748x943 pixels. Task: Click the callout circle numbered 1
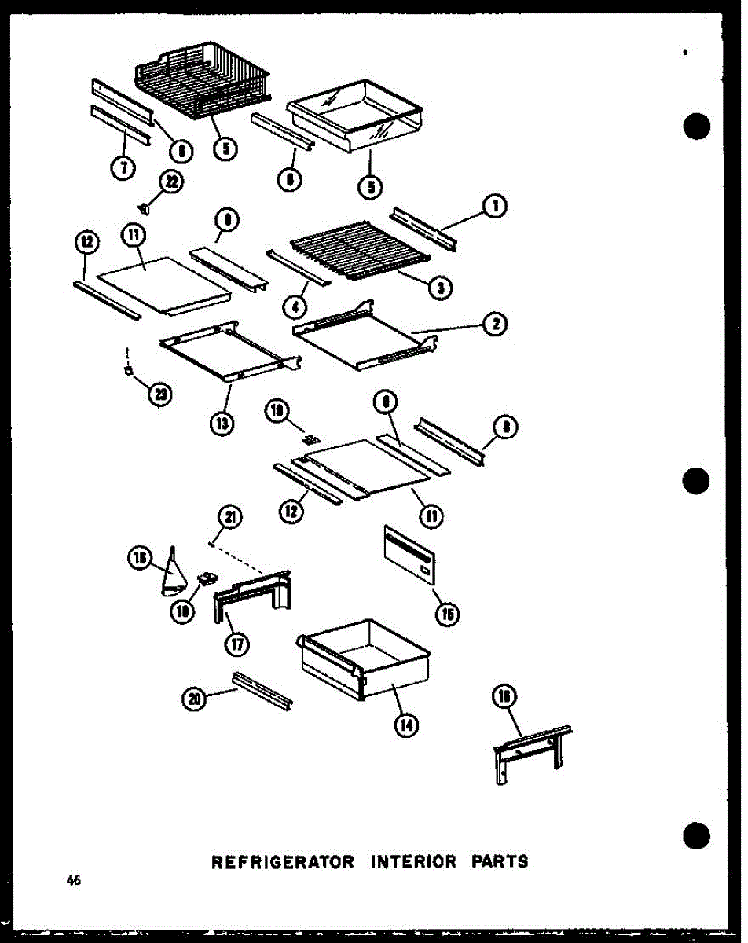(x=495, y=207)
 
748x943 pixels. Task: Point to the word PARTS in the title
(x=500, y=861)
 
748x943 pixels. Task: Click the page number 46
(x=75, y=881)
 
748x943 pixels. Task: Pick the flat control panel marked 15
(x=410, y=556)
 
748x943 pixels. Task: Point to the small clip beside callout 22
(x=145, y=207)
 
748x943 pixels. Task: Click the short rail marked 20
(x=262, y=691)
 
